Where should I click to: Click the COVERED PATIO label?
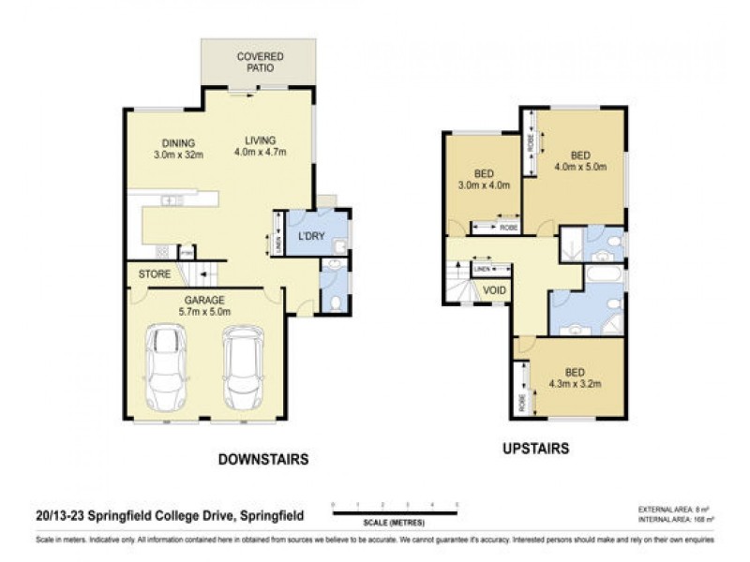pos(260,63)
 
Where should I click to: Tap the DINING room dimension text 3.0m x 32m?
pos(178,155)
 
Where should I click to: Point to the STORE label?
pos(154,274)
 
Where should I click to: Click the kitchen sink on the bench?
pos(172,200)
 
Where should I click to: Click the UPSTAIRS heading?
pos(535,449)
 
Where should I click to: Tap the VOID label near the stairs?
pos(494,290)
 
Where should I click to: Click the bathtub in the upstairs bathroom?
pos(605,276)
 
